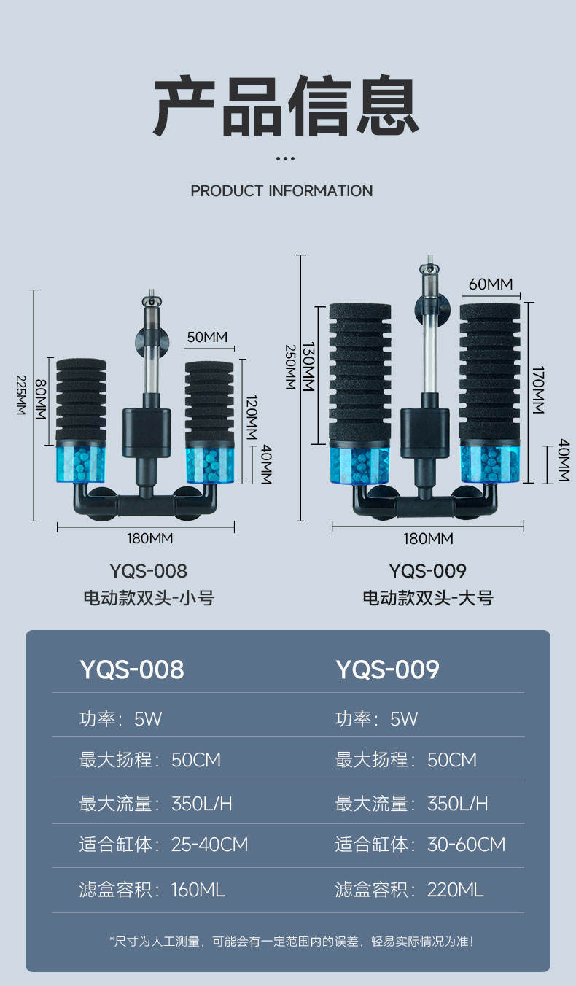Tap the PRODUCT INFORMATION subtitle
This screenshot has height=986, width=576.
[x=281, y=191]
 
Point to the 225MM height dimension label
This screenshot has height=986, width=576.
[x=20, y=396]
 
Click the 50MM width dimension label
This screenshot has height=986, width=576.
[x=207, y=337]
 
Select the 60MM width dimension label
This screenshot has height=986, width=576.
[x=490, y=284]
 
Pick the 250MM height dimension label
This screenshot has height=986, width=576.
[x=290, y=367]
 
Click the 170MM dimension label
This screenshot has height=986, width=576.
[x=538, y=390]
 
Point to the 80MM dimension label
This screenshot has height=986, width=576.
[x=40, y=399]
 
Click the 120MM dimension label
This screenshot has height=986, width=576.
[x=251, y=418]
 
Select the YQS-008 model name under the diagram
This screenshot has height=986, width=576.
[x=149, y=570]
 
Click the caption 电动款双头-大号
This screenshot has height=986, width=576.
[x=428, y=598]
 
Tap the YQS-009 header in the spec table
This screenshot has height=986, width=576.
[x=387, y=669]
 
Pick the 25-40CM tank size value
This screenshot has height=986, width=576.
[x=209, y=845]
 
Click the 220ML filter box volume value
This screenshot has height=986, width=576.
[x=455, y=890]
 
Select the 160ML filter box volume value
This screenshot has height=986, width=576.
[x=198, y=890]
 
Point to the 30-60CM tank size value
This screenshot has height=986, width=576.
[x=466, y=845]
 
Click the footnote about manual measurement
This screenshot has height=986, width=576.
[x=292, y=942]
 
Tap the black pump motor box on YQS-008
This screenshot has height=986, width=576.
[x=147, y=432]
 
